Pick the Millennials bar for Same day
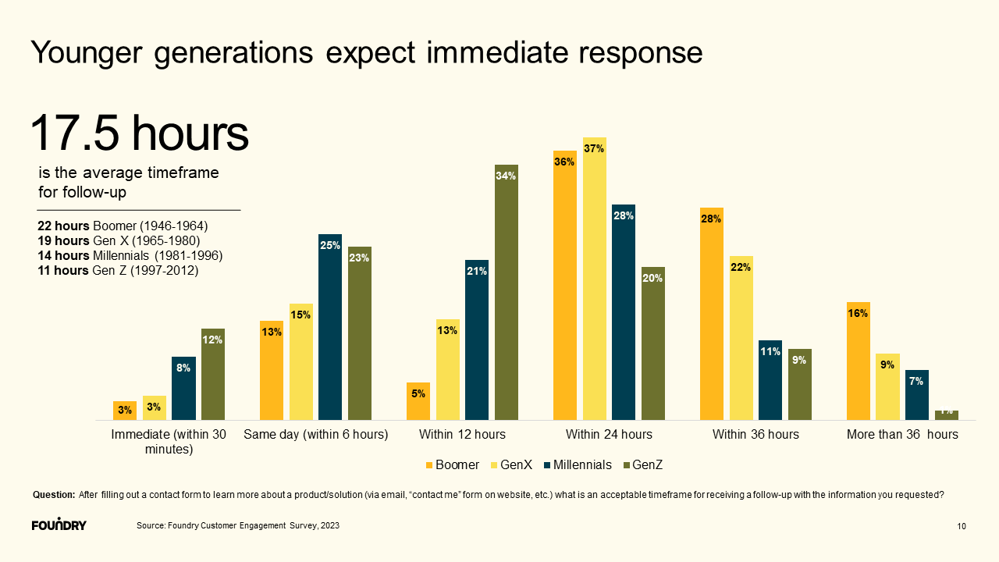[330, 327]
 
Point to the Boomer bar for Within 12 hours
[418, 401]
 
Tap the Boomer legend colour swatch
[429, 465]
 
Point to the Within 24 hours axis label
[609, 434]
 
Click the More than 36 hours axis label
[902, 434]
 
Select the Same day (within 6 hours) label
[315, 434]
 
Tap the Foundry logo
[59, 525]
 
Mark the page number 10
[962, 527]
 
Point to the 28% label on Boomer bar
[711, 219]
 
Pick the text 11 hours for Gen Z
[63, 271]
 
